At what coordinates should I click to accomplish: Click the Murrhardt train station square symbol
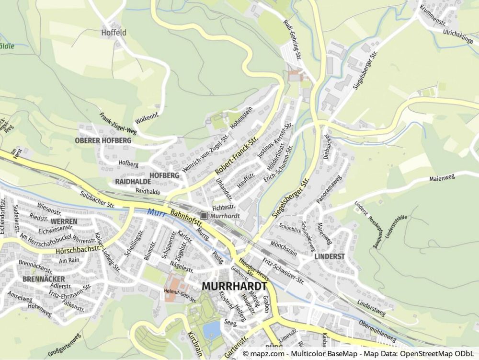tap(204, 216)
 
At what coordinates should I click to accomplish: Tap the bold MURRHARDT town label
tap(234, 286)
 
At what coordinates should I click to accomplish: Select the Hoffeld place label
tap(114, 33)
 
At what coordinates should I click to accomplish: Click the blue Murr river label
tap(157, 212)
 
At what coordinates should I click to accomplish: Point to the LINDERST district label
tap(330, 256)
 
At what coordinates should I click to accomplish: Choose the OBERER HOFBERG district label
tap(103, 140)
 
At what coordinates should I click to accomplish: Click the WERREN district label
tap(64, 221)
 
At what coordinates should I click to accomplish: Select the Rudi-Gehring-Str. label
tap(292, 40)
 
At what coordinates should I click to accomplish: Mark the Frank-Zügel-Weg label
tap(118, 124)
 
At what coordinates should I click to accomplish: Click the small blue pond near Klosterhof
tap(211, 329)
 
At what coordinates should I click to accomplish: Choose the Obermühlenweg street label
tap(377, 331)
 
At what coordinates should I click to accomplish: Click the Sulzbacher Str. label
tap(98, 198)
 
